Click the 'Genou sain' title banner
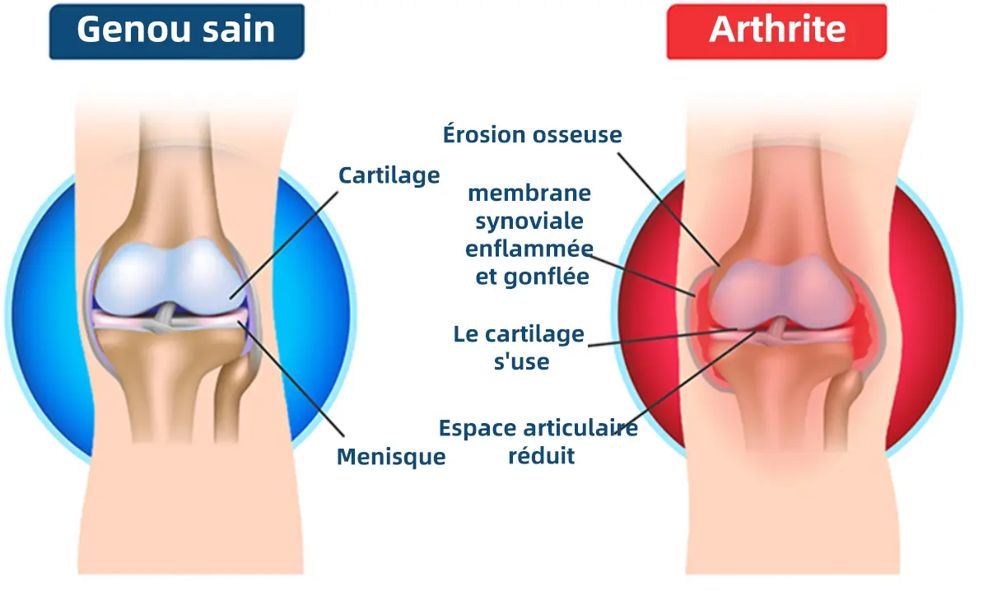[176, 30]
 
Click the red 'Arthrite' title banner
[776, 30]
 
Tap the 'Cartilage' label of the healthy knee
[389, 175]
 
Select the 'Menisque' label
[391, 456]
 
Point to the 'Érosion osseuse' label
[532, 134]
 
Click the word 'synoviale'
[529, 221]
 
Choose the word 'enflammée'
[529, 249]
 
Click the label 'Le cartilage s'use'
[520, 347]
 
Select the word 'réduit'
[541, 456]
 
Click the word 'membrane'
[529, 193]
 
